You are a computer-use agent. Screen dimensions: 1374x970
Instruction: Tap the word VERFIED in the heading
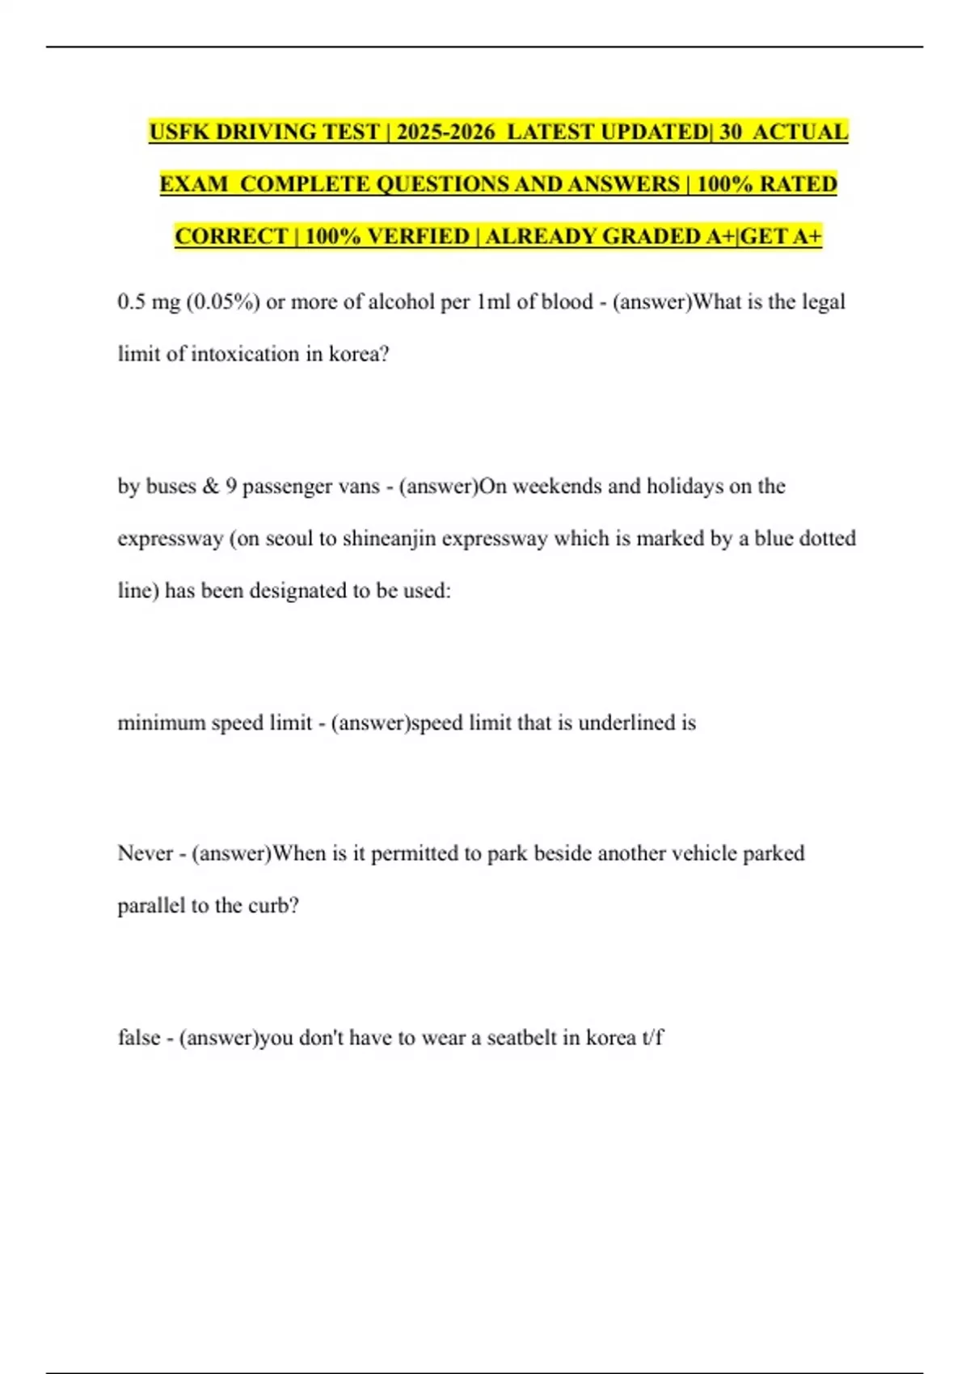click(x=418, y=236)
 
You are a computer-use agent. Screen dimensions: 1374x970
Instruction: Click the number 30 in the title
click(x=730, y=132)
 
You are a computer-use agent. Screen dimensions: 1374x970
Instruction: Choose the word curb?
click(x=273, y=906)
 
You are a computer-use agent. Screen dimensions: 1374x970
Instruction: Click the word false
click(x=138, y=1038)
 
